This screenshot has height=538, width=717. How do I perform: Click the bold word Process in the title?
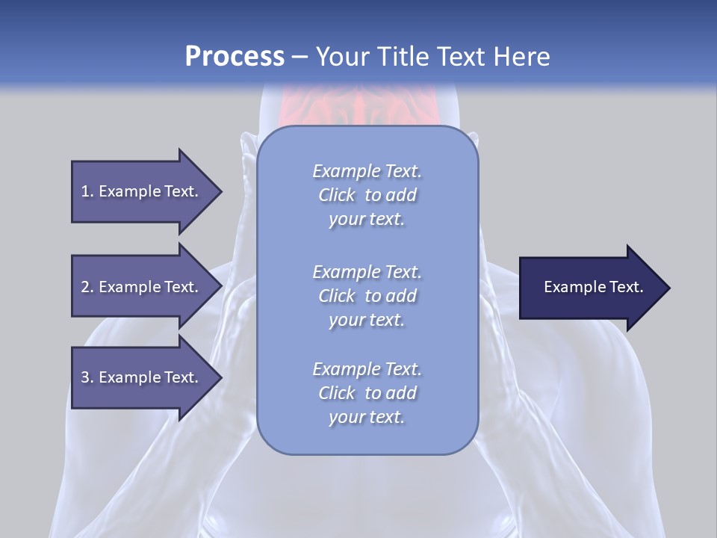235,57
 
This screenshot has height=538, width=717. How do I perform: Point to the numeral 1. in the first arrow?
87,191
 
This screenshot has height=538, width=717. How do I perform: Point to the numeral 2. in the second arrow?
87,287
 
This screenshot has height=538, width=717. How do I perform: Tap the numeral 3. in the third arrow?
87,377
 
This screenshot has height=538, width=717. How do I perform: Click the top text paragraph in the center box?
367,195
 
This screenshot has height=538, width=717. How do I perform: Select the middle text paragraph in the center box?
367,296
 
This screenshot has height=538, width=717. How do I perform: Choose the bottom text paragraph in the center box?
367,393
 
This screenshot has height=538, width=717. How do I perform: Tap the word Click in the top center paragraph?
337,195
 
